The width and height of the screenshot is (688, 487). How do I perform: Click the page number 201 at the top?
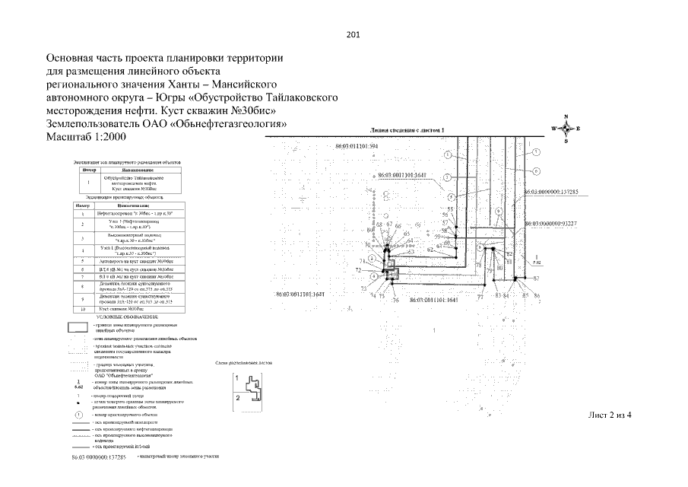(352, 34)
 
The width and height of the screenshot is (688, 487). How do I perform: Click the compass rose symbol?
(566, 129)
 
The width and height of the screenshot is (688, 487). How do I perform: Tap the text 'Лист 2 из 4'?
(610, 415)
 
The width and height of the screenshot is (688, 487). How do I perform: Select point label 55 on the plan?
(450, 208)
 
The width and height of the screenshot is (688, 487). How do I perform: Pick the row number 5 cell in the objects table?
(81, 269)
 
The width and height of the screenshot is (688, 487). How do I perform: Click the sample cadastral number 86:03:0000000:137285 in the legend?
(98, 457)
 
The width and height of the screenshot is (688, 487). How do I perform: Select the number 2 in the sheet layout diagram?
(238, 396)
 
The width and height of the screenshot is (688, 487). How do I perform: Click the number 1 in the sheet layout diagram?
(238, 377)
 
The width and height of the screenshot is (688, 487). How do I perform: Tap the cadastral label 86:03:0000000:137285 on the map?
(553, 192)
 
